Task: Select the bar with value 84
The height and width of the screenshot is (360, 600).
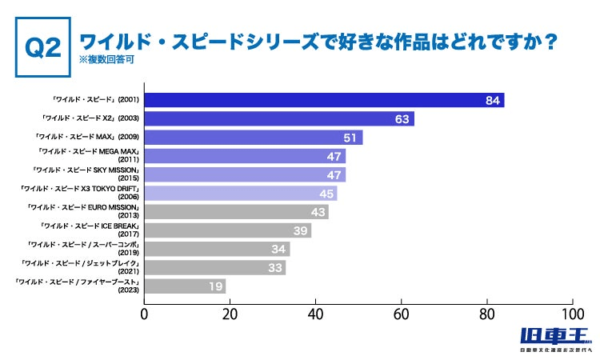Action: coord(324,100)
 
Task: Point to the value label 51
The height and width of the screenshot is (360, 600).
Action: coord(350,138)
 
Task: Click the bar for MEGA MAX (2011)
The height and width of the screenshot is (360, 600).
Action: coord(245,156)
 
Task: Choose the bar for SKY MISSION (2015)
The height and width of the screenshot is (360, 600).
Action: coord(245,174)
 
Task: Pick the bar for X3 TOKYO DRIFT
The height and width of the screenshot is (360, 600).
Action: coord(240,193)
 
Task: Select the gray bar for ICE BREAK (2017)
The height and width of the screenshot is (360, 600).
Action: coord(227,230)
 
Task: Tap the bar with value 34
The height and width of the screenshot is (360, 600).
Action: coord(216,249)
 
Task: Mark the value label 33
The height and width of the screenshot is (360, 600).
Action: coord(274,267)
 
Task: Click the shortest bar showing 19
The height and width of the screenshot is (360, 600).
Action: coord(184,286)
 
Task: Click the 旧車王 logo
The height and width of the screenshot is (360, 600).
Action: coord(554,338)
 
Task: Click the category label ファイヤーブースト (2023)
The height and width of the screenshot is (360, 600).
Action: coord(78,286)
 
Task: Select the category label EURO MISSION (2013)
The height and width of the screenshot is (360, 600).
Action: coord(83,212)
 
